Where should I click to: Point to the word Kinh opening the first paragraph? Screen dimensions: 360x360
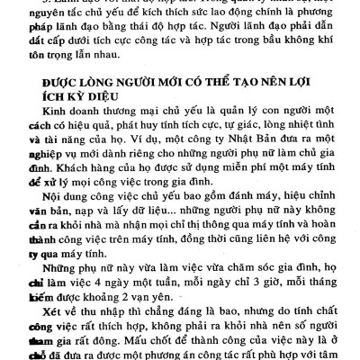pos(58,127)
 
